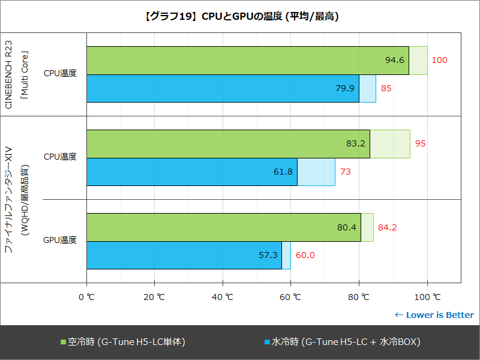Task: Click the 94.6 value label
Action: coord(395,60)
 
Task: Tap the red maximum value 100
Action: coord(440,60)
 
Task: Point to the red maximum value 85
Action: coord(386,88)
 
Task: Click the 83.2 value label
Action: coord(356,143)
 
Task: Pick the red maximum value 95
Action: coord(421,143)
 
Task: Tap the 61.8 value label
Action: coord(283,172)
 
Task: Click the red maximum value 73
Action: coord(346,172)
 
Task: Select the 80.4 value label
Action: coord(347,227)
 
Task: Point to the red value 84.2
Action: coord(388,227)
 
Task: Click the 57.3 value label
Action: coord(268,255)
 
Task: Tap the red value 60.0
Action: coord(305,255)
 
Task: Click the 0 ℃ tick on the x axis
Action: coord(87,296)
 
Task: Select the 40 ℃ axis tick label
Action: coord(223,296)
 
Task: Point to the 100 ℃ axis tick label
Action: coord(427,296)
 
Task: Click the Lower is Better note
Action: coord(434,315)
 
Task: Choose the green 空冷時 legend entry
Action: coord(123,342)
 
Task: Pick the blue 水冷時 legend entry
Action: coord(342,342)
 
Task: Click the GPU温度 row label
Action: coord(60,241)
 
